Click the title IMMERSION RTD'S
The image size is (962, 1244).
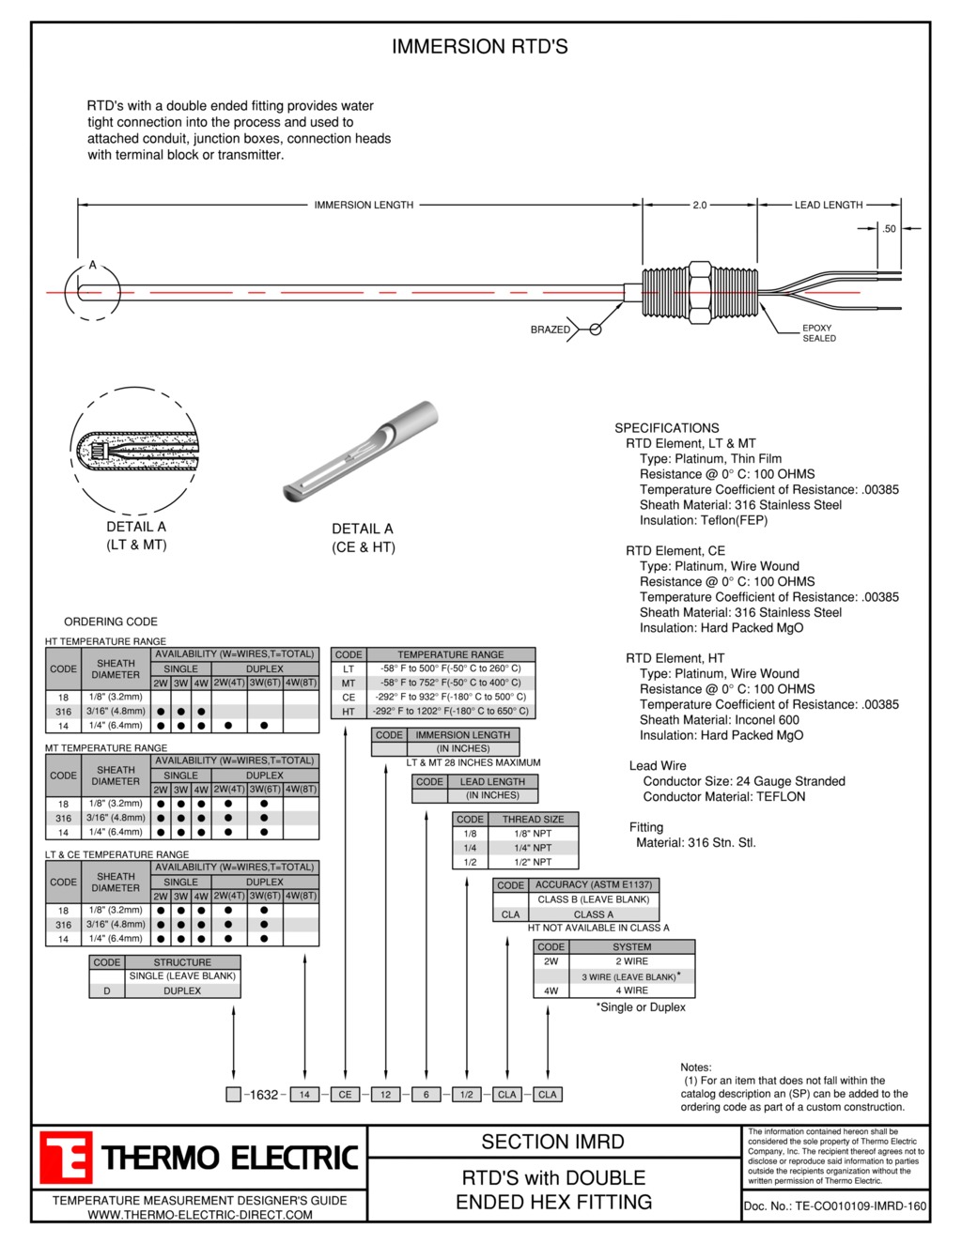479,47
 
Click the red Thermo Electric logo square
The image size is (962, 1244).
66,1158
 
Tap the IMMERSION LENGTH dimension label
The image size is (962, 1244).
364,205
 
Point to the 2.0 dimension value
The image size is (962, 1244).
700,205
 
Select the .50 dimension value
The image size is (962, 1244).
889,228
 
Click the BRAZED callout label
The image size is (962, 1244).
550,330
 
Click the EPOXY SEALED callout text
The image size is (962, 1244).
818,333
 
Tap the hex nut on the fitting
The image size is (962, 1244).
700,294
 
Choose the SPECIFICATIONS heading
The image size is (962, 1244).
667,427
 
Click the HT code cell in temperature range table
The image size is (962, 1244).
349,712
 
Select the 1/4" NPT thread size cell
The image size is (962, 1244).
533,848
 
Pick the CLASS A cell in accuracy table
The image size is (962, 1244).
593,914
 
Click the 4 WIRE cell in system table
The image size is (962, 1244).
631,991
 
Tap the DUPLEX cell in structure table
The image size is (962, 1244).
182,991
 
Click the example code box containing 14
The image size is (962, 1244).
304,1095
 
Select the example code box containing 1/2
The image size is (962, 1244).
467,1095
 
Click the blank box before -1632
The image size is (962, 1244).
233,1095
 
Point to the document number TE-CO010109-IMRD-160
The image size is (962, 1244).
834,1206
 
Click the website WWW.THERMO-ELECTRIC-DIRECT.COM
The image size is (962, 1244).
200,1215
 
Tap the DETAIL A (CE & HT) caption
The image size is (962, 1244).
364,538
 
